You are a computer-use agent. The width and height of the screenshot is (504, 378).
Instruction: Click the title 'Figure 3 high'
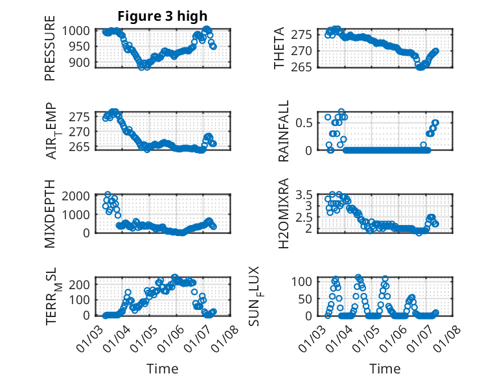coord(163,16)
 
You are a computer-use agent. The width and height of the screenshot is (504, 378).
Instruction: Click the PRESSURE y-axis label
coord(50,47)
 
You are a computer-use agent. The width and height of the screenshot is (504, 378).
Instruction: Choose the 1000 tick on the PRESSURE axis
coord(79,30)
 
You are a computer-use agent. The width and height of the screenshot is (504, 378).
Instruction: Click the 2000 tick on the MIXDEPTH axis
coord(79,195)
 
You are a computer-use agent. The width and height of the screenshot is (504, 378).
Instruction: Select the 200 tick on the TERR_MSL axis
coord(82,283)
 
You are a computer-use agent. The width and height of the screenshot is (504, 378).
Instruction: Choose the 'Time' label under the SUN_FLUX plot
coord(385,368)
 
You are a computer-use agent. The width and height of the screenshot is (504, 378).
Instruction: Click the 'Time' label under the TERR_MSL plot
coord(162,368)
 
